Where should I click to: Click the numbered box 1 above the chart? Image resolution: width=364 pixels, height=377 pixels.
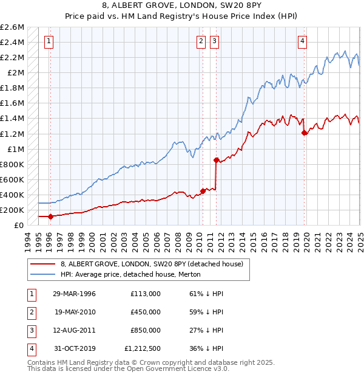click(48, 41)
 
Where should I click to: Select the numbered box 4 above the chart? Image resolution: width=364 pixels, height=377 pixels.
click(302, 41)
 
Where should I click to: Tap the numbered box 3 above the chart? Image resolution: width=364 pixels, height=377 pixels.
click(215, 41)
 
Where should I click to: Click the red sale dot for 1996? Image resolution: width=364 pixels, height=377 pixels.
click(51, 216)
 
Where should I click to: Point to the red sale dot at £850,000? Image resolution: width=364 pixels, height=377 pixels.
click(216, 161)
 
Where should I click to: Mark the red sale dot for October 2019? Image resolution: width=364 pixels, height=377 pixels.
click(305, 133)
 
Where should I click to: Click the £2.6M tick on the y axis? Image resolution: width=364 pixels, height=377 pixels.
click(12, 27)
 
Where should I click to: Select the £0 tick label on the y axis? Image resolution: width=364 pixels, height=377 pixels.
click(19, 225)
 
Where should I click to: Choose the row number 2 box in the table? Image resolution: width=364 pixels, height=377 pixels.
click(30, 312)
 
